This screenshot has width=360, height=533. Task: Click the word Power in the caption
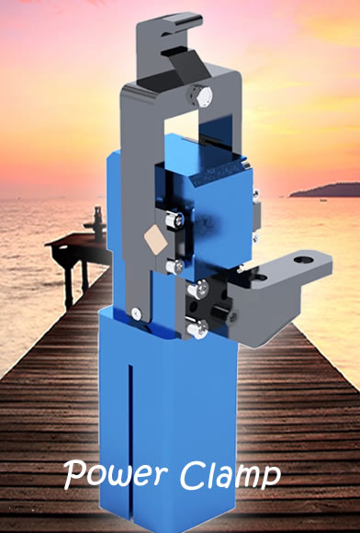(116, 474)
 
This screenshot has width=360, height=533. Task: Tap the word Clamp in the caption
(231, 474)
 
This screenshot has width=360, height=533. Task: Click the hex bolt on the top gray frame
(201, 96)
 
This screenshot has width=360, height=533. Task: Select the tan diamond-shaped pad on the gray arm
(155, 239)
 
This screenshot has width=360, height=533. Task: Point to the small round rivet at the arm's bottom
(137, 312)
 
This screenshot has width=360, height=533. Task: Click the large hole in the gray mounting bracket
(303, 260)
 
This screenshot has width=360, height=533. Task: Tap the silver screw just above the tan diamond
(174, 220)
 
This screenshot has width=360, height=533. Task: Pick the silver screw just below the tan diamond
(174, 266)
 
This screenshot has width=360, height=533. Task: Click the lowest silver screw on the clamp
(197, 329)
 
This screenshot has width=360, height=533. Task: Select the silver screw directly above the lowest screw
(197, 289)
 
